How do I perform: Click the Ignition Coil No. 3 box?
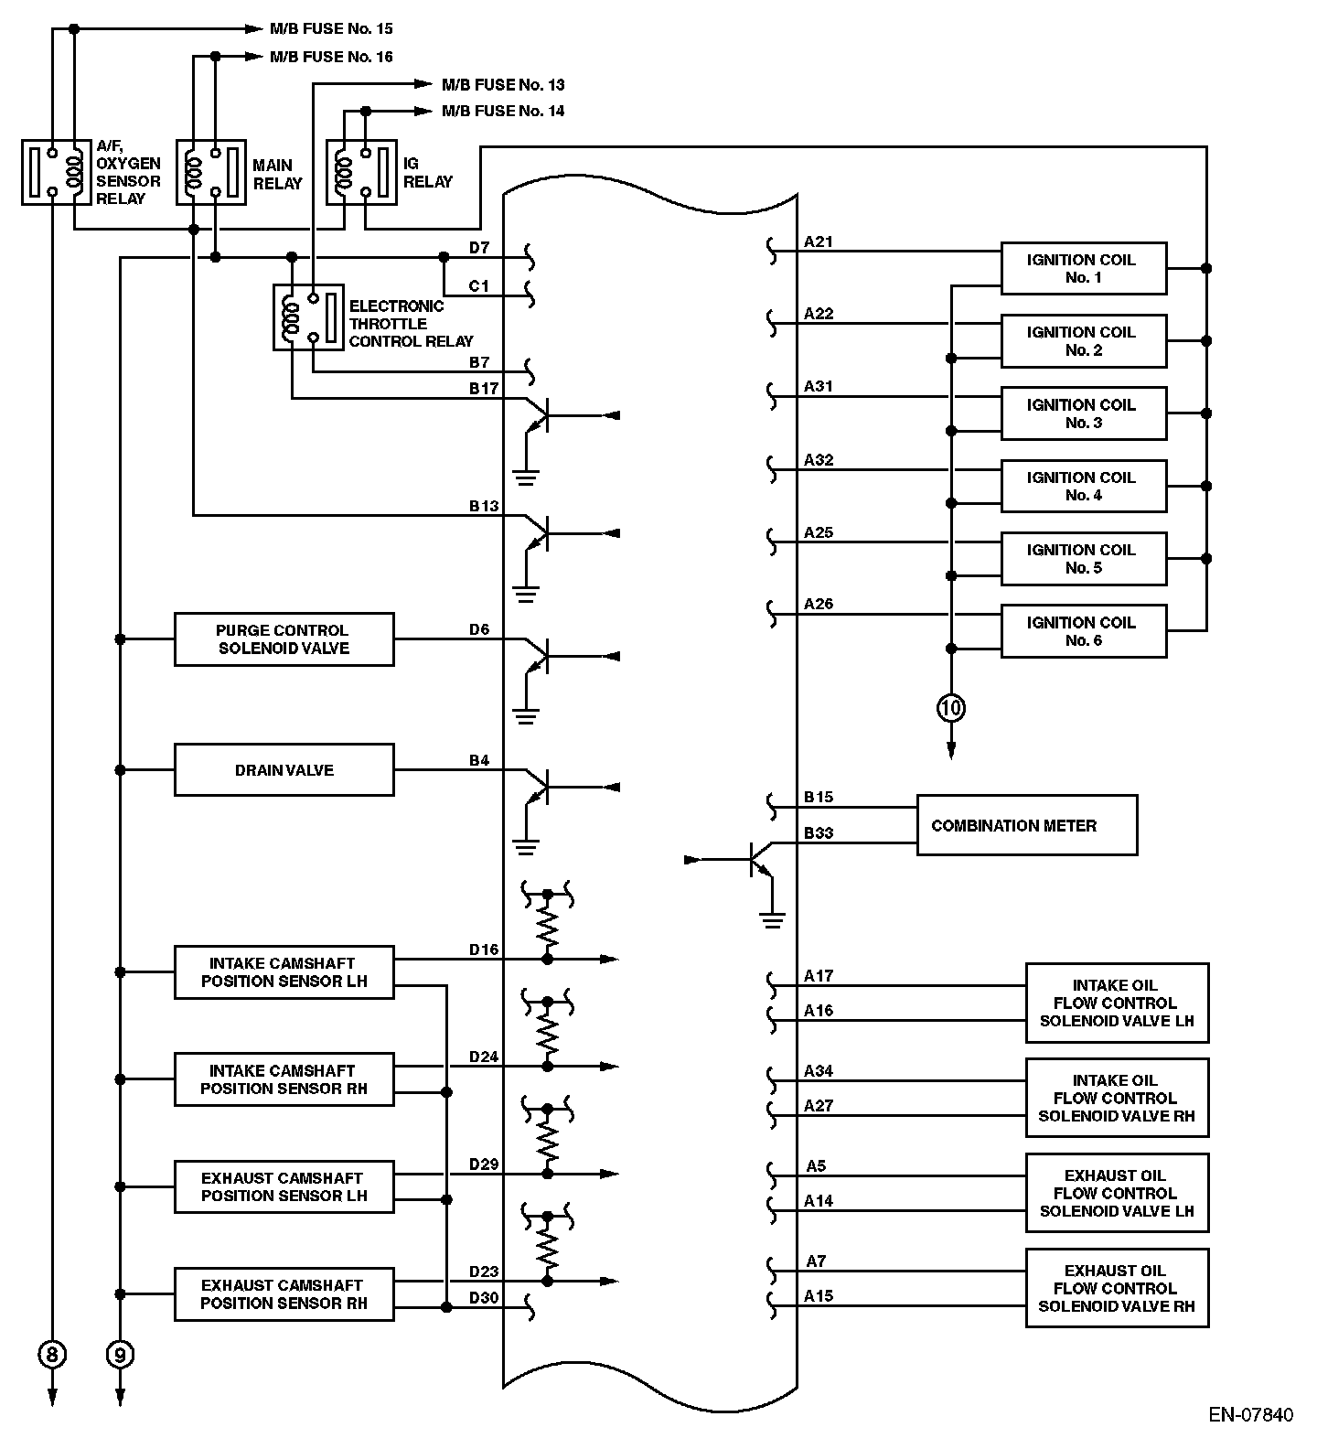[1083, 413]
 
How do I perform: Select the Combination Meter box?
[1026, 825]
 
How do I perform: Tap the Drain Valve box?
[284, 769]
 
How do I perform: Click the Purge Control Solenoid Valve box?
[284, 639]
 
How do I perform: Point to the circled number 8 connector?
[52, 1353]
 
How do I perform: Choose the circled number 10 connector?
[951, 707]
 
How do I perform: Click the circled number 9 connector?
[120, 1353]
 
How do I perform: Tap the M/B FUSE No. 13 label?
[503, 85]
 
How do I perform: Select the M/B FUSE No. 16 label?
[331, 57]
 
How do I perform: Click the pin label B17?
[484, 389]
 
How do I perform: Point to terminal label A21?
[819, 242]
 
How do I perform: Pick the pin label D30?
[484, 1297]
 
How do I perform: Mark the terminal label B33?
[819, 833]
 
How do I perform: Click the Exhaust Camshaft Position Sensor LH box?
[284, 1186]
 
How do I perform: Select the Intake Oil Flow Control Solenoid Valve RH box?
[1117, 1098]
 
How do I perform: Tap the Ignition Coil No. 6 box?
[1083, 631]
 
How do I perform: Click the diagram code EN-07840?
[1250, 1415]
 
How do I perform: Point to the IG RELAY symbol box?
[362, 172]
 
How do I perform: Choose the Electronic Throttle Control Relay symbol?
[308, 317]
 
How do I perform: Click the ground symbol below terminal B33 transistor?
[773, 918]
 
